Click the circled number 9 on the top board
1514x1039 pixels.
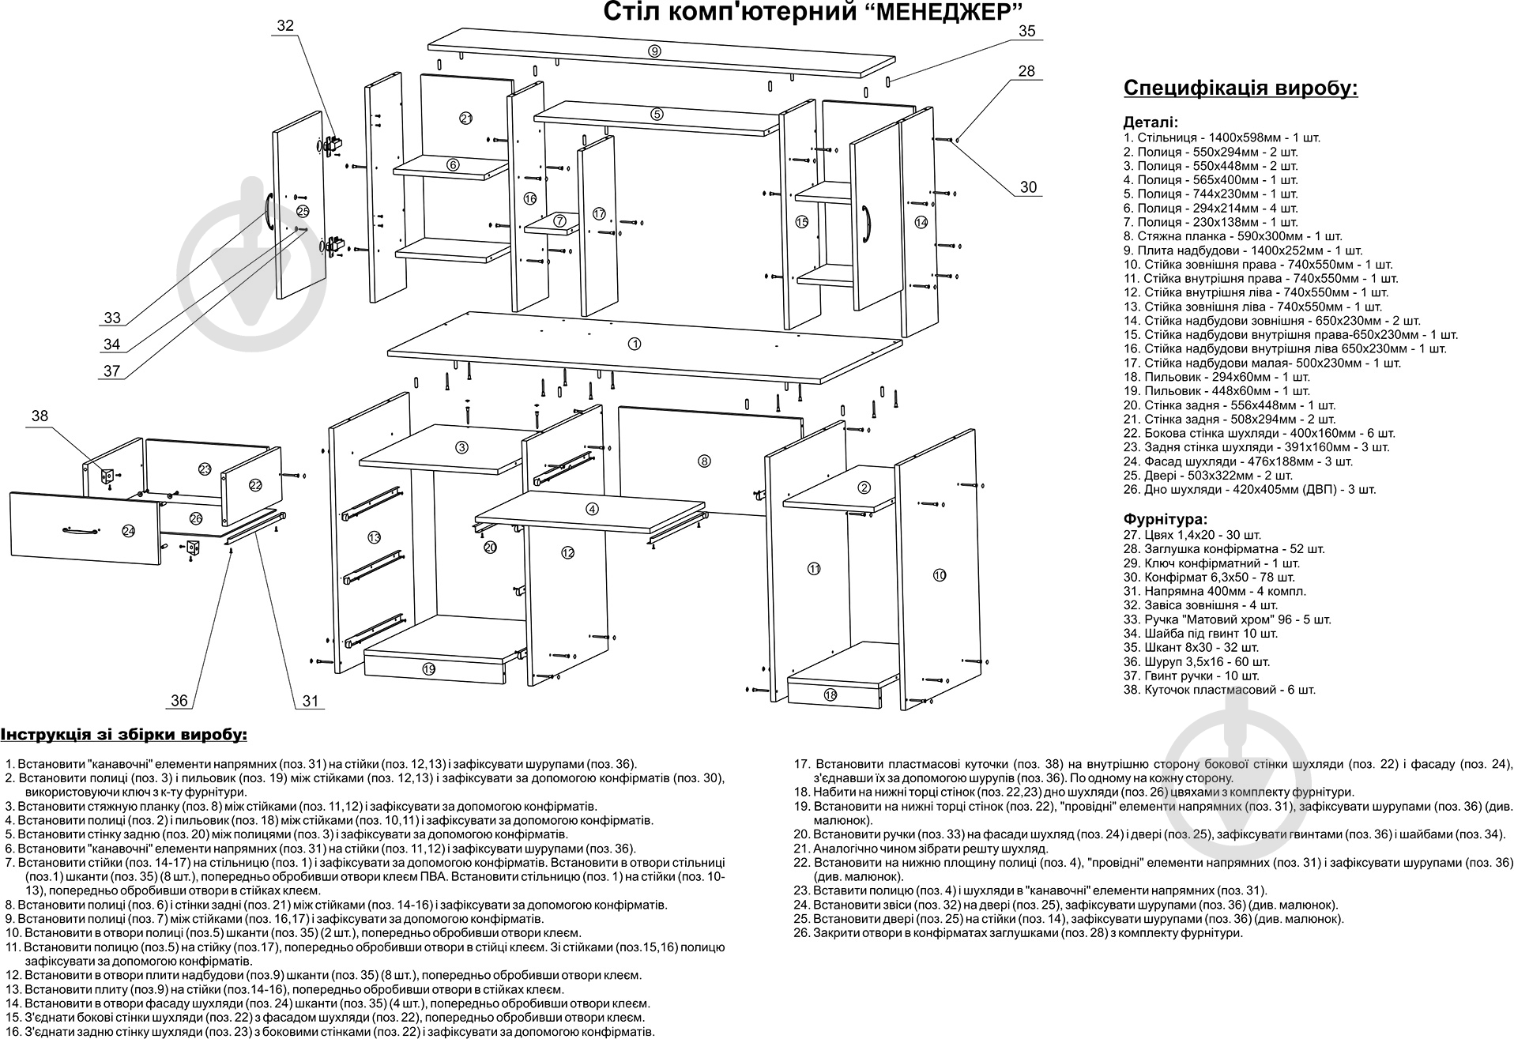(654, 51)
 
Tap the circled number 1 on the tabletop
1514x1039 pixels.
(634, 344)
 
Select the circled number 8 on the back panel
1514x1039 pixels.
(704, 461)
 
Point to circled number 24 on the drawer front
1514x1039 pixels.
(129, 531)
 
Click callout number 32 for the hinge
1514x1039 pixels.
(284, 26)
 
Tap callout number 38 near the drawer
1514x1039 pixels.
(40, 416)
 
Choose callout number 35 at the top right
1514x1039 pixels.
(1026, 32)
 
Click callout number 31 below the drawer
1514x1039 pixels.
(310, 701)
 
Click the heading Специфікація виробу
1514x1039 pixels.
(1240, 88)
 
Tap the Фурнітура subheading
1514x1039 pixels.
(1165, 519)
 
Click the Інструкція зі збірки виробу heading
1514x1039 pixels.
(124, 735)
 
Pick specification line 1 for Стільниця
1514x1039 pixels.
(1221, 137)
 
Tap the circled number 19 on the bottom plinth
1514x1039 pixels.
(428, 669)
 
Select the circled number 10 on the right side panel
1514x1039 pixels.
(939, 575)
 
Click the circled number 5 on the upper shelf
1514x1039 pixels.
(657, 114)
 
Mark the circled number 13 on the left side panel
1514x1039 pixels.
(375, 537)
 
